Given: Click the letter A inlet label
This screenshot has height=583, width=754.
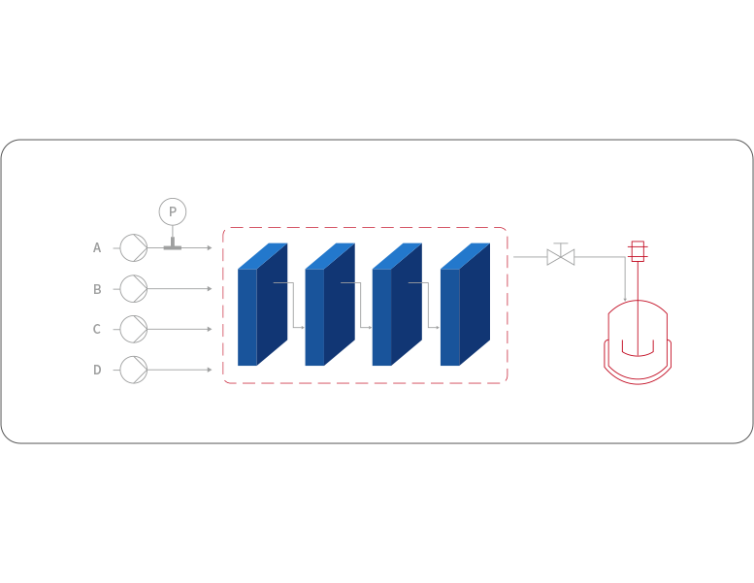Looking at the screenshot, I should (x=97, y=248).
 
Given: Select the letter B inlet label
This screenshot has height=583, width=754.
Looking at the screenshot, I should (x=97, y=289).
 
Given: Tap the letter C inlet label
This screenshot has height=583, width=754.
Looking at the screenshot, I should (x=97, y=330).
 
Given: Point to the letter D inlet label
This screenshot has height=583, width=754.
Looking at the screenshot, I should (x=97, y=370).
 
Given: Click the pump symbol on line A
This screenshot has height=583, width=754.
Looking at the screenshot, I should (x=134, y=248).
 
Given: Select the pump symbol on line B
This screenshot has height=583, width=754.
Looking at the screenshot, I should (x=134, y=289).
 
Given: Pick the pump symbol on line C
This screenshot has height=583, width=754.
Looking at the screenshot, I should (x=134, y=329).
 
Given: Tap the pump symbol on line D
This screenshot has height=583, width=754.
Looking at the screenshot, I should (x=134, y=370).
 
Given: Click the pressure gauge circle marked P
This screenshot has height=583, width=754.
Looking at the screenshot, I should (x=172, y=211).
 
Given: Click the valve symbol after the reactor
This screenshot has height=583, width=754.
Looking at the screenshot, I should (x=560, y=257).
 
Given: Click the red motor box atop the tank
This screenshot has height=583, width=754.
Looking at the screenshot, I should (x=637, y=251).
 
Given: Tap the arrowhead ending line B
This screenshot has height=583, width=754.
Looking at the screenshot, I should (x=209, y=289).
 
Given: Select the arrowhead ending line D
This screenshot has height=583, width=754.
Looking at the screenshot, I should (x=209, y=370).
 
